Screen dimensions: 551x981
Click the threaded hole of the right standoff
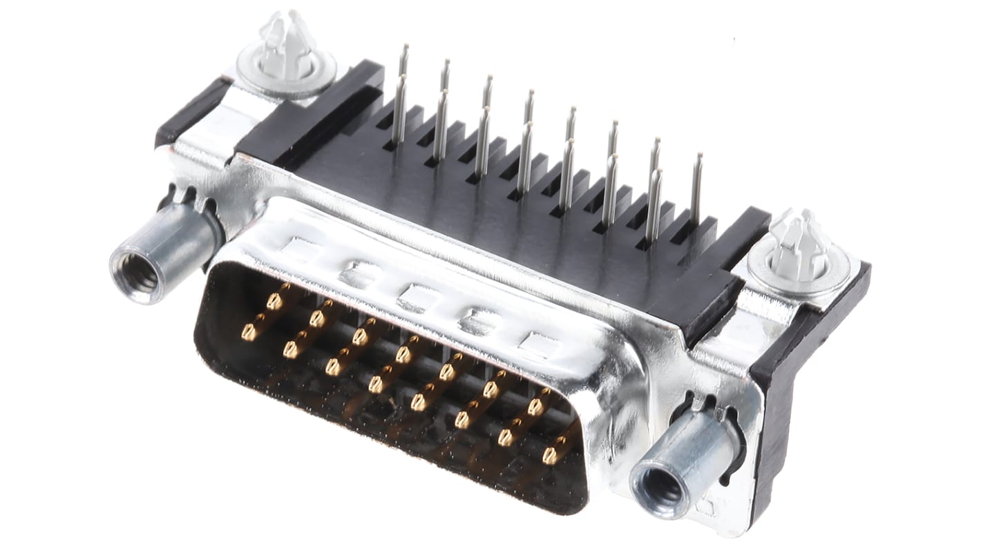pyautogui.click(x=660, y=488)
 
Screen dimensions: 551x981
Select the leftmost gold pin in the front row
pyautogui.click(x=249, y=333)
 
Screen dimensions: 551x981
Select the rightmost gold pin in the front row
pyautogui.click(x=549, y=456)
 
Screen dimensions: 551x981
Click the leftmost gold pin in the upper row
pyautogui.click(x=274, y=301)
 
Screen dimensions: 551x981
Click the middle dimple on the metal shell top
pyautogui.click(x=416, y=298)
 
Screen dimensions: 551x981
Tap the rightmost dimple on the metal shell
pyautogui.click(x=539, y=343)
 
